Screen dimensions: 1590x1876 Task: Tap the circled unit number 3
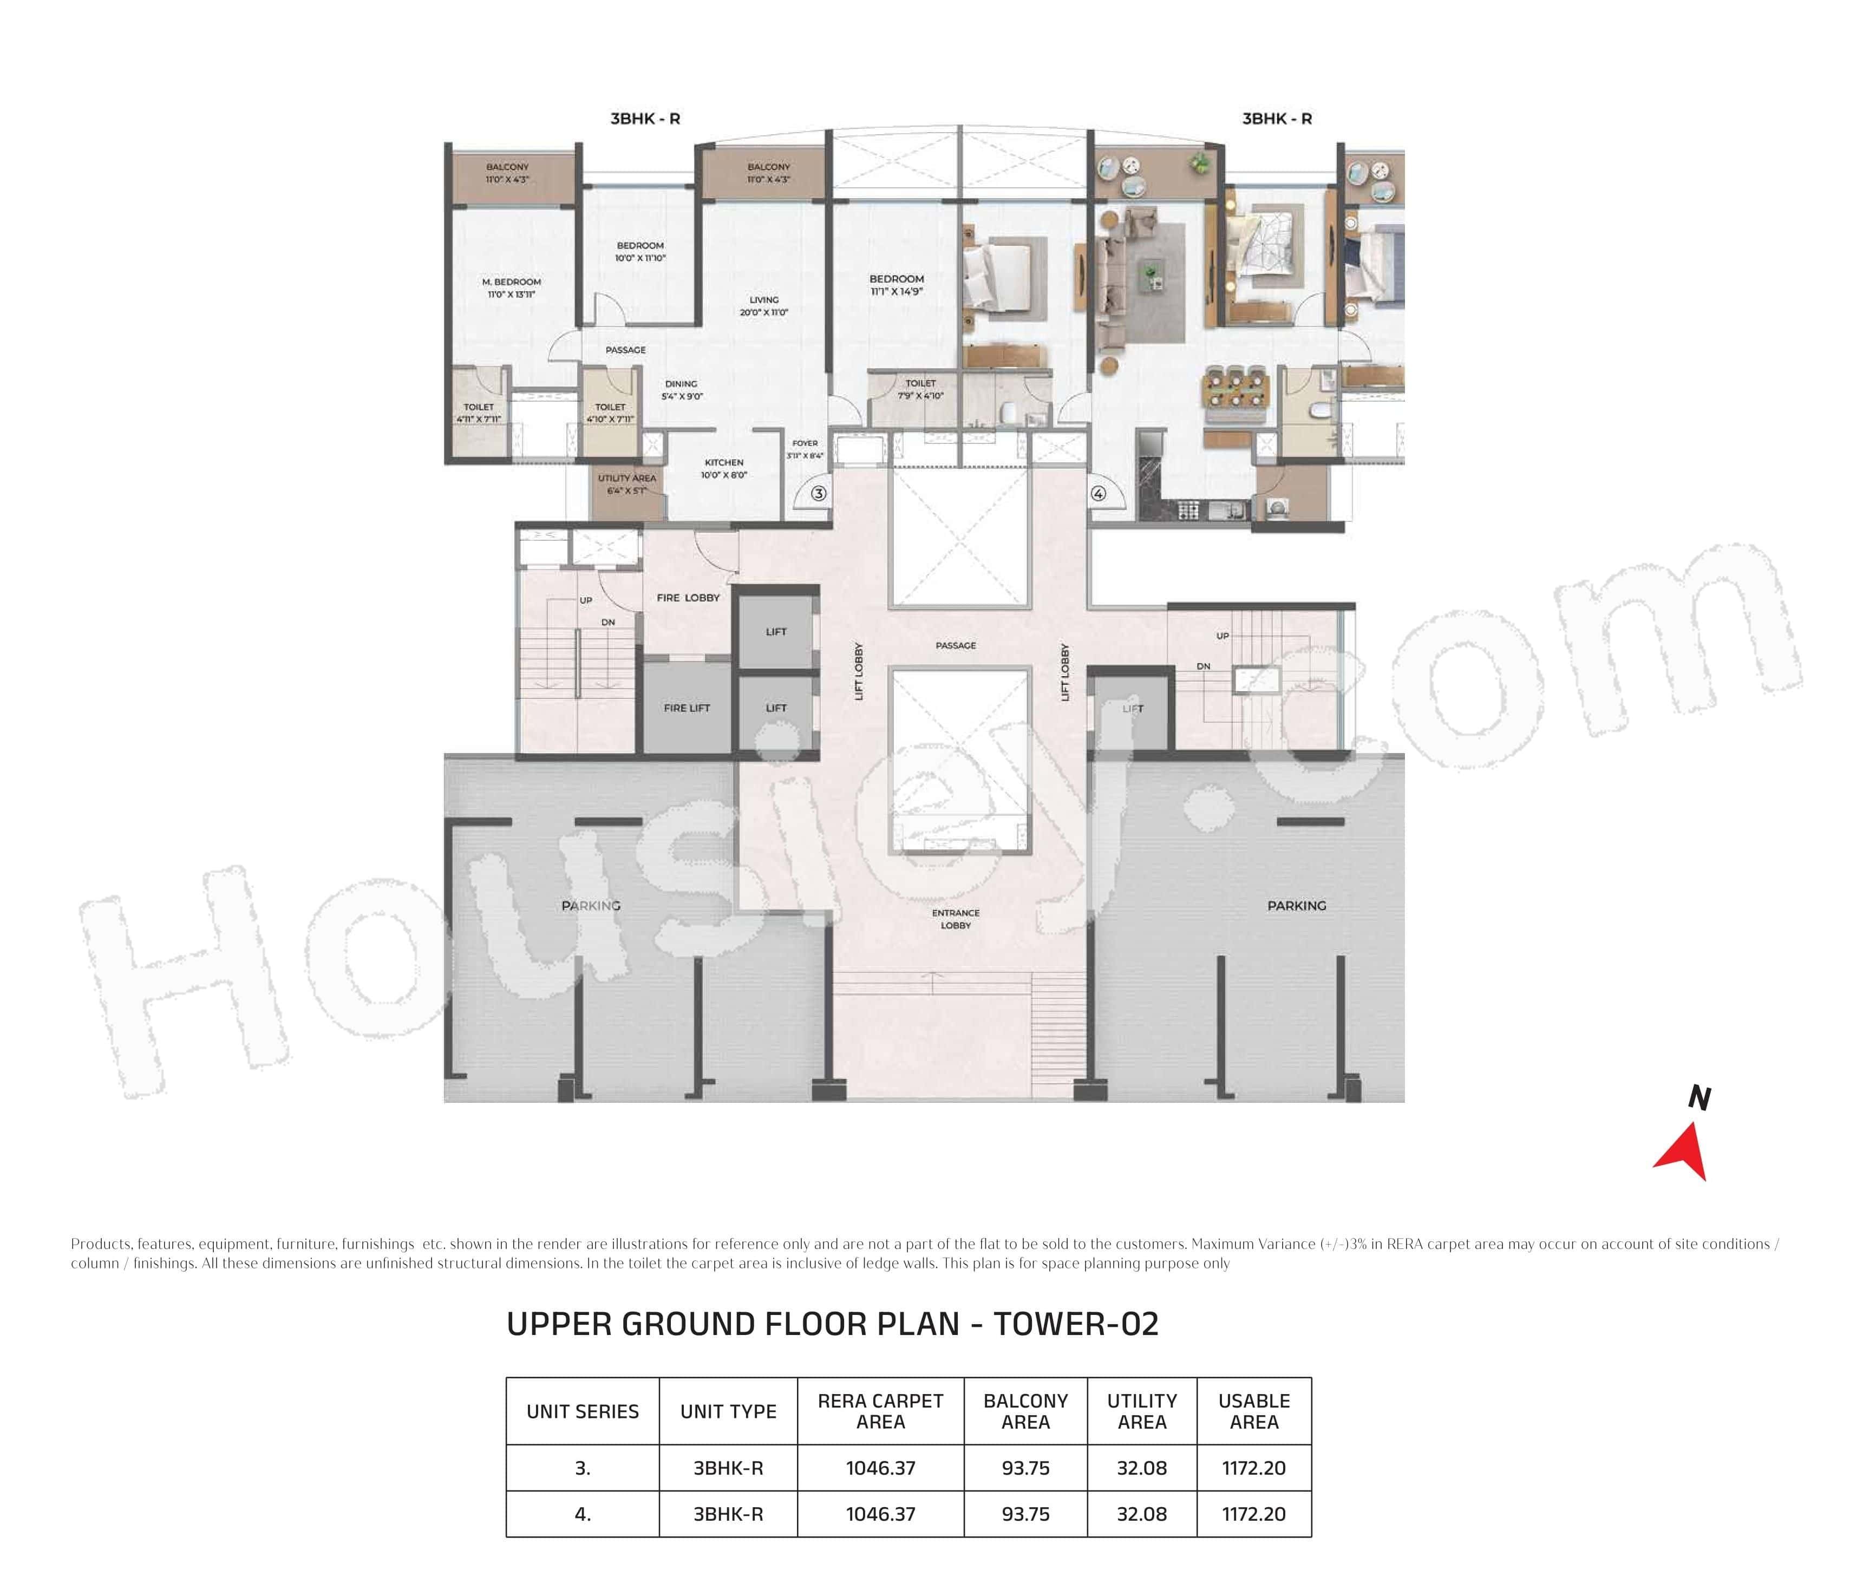[x=818, y=494]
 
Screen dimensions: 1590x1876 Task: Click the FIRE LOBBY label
[x=688, y=598]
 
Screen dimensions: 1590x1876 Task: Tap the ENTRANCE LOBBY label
[x=956, y=919]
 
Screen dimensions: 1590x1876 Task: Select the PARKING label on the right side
[x=1296, y=906]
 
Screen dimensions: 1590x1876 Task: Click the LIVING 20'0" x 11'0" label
[x=763, y=305]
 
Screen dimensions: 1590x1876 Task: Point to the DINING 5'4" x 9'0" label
[x=682, y=389]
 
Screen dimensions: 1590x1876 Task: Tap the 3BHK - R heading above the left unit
[x=645, y=118]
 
